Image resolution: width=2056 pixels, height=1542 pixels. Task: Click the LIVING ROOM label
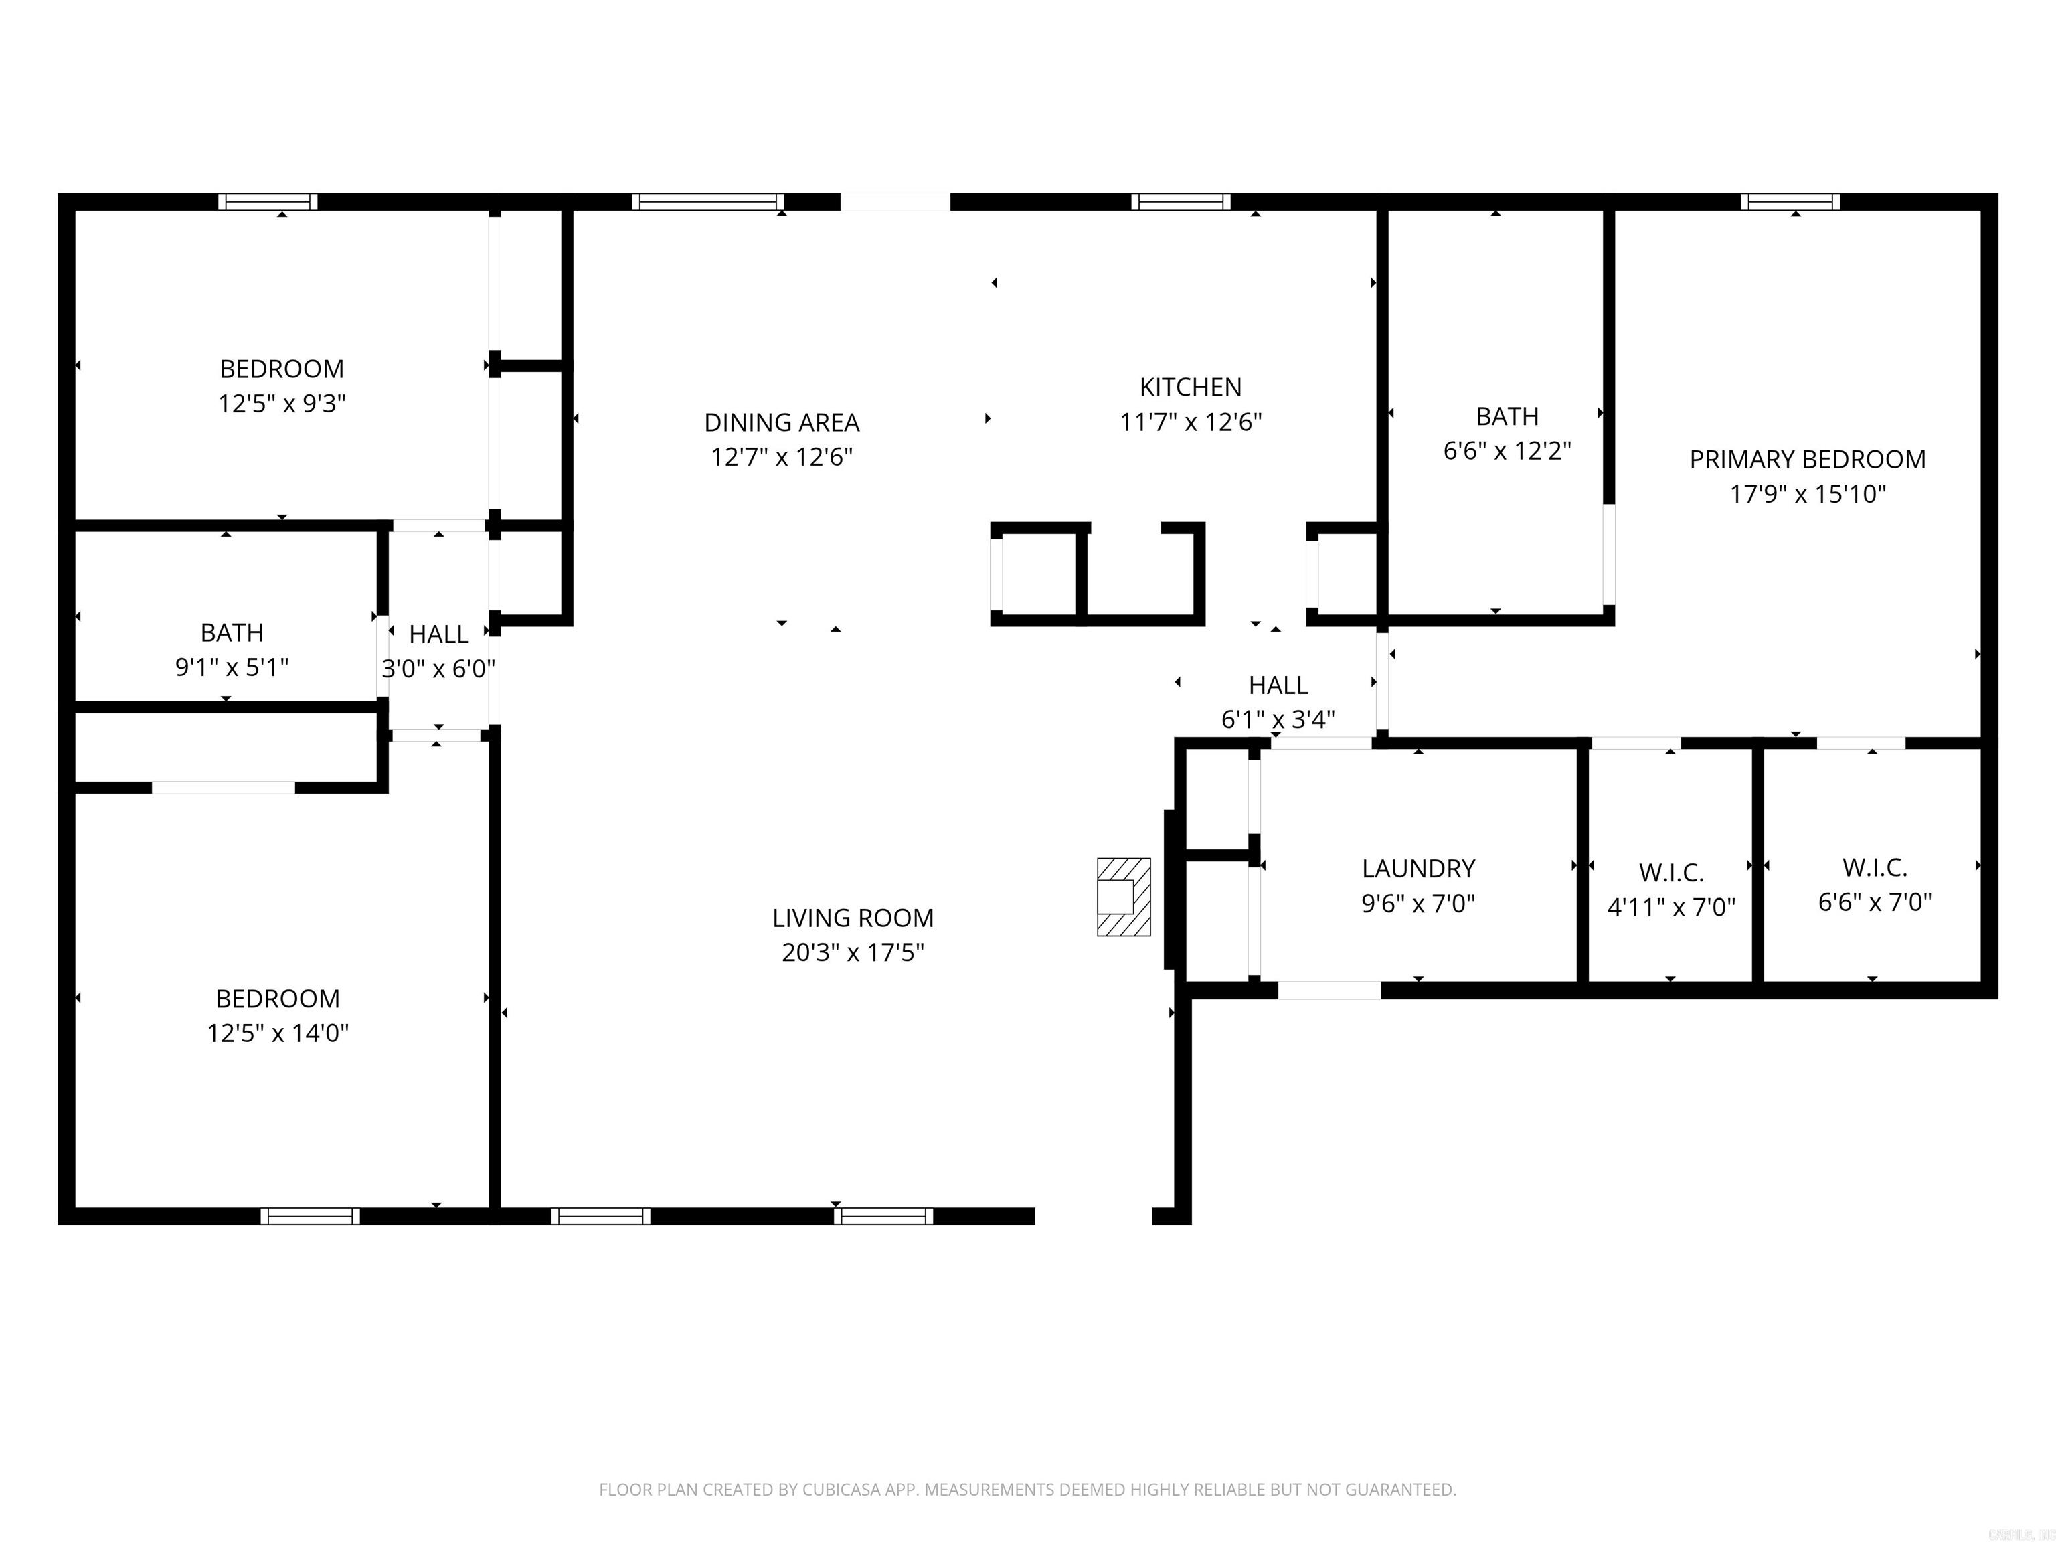(x=853, y=918)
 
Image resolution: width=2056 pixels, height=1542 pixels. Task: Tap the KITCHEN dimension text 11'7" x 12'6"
(x=1191, y=422)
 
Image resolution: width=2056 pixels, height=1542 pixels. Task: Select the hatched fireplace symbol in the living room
(x=1123, y=896)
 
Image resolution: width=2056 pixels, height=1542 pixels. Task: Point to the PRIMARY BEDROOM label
(x=1807, y=459)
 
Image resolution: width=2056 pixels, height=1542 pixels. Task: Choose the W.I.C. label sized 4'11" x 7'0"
(x=1671, y=873)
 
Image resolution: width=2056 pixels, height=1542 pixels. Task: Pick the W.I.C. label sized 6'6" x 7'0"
(x=1875, y=867)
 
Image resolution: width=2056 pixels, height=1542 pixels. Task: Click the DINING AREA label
(x=782, y=422)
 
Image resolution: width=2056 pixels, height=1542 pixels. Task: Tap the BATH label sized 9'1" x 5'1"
(x=232, y=633)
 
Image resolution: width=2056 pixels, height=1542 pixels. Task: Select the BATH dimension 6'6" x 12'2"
(x=1507, y=451)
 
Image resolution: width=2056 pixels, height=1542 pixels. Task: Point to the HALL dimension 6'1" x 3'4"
(x=1278, y=719)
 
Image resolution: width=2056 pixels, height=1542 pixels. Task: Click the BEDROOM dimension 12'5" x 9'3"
(x=282, y=404)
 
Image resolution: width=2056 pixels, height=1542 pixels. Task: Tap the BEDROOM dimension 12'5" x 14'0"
(x=277, y=1033)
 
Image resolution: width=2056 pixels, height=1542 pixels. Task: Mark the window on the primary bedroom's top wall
(x=1790, y=201)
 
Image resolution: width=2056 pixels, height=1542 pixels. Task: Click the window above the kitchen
(x=1181, y=201)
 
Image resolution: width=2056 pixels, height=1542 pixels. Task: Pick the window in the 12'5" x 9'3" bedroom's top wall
(x=268, y=201)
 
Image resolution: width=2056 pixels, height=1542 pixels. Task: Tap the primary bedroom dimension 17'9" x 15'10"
(x=1807, y=493)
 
